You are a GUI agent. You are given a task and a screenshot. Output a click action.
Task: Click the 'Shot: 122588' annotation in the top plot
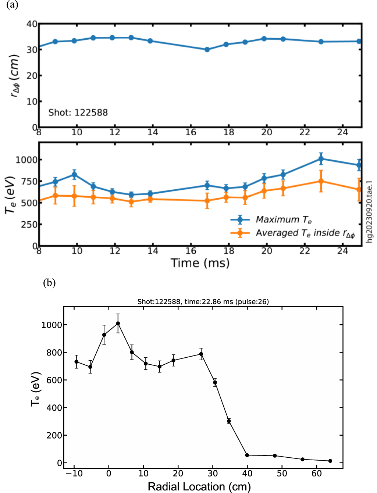tap(78, 112)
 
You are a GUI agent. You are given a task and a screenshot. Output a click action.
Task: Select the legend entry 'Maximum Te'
tap(284, 220)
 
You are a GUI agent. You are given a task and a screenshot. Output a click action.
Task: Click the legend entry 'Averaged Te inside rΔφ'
tap(305, 233)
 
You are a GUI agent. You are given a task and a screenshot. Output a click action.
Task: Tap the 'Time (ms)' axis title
tap(200, 263)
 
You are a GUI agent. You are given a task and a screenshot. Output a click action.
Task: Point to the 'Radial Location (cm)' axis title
tap(199, 486)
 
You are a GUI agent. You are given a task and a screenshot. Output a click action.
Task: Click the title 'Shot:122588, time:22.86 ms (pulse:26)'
tap(203, 301)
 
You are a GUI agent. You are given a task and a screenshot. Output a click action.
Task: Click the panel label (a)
tap(12, 5)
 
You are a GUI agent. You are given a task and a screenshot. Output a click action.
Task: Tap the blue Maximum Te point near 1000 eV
tap(321, 159)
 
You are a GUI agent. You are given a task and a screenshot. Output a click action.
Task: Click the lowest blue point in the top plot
tap(207, 49)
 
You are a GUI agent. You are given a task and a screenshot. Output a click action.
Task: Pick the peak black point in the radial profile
tap(118, 324)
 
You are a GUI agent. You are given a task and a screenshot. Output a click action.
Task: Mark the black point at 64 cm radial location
tap(330, 461)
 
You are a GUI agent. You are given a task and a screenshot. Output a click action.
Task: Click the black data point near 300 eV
tap(229, 421)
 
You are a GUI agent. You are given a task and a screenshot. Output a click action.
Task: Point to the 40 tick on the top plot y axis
tap(32, 24)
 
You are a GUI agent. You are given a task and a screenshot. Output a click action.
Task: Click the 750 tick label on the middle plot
tap(26, 181)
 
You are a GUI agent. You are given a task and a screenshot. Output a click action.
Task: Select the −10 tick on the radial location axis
tap(74, 473)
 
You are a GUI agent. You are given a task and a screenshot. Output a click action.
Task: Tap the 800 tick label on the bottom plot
tap(49, 353)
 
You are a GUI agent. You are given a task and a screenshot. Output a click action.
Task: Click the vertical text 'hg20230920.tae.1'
tap(370, 212)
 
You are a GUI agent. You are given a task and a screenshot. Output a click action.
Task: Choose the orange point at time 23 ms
tap(321, 181)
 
